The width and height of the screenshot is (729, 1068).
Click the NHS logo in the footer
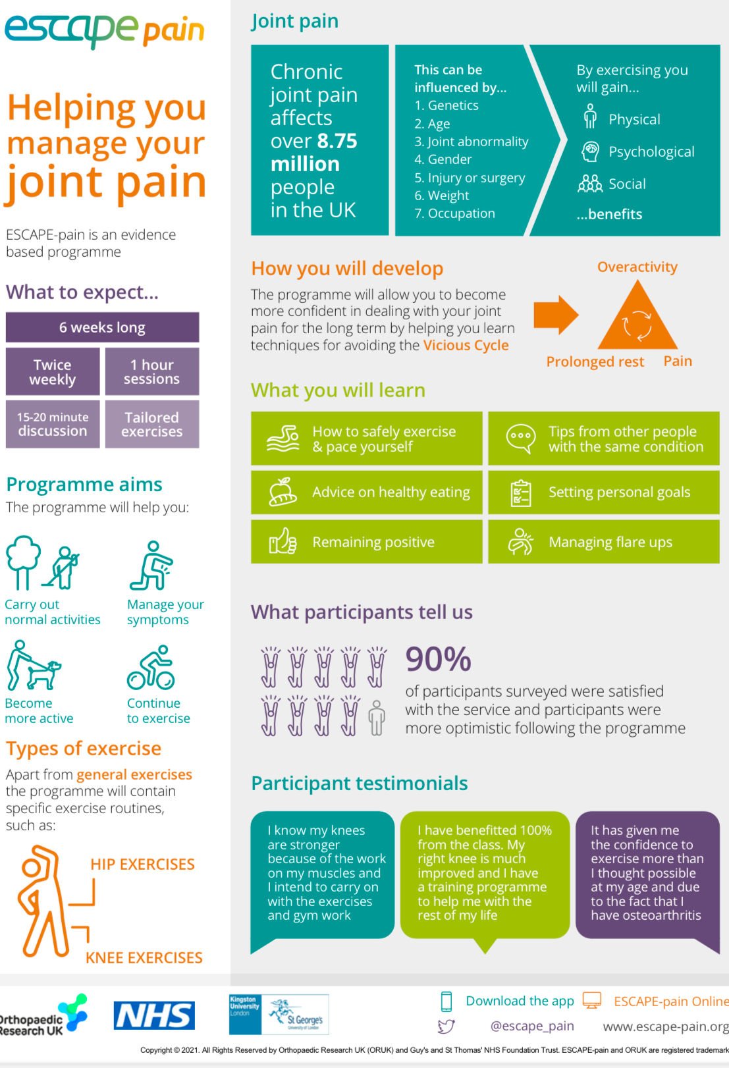point(154,1015)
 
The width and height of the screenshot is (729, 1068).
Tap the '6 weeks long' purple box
point(102,327)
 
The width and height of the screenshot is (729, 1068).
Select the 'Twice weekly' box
point(53,372)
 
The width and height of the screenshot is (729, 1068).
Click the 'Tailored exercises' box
point(152,425)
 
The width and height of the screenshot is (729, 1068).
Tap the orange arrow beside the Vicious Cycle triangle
point(555,315)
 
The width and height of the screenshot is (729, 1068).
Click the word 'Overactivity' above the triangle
point(637,267)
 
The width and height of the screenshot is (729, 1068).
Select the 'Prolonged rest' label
point(595,361)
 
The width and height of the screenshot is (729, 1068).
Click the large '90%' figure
point(438,659)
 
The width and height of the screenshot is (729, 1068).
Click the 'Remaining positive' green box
point(366,542)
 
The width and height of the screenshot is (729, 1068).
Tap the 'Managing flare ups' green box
point(603,542)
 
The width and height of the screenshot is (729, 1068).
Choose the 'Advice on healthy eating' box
point(366,492)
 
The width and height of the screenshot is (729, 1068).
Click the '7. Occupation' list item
point(454,213)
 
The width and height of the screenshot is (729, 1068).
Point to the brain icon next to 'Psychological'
point(590,151)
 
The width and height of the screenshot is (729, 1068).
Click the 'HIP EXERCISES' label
point(142,864)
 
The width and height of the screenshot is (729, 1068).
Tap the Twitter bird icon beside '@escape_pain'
point(446,1026)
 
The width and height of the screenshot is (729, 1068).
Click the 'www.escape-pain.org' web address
point(665,1027)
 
